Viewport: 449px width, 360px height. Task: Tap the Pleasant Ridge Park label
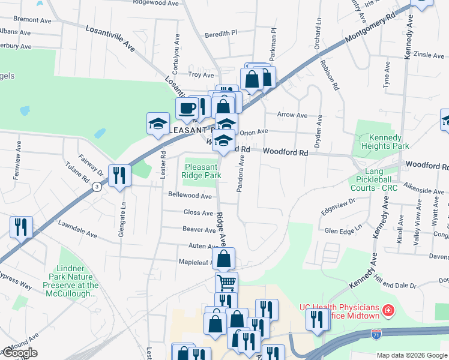click(x=202, y=171)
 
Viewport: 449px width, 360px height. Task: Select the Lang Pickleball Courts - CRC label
click(x=377, y=179)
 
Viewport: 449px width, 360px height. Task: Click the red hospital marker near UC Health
click(x=389, y=311)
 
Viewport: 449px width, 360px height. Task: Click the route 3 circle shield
click(x=97, y=187)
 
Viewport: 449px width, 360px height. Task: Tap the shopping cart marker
click(x=226, y=282)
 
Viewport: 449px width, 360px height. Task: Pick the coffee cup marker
click(x=187, y=109)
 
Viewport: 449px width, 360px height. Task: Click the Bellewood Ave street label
click(x=190, y=196)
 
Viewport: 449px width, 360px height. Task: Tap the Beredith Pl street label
click(x=221, y=34)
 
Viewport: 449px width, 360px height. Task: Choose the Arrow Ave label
click(x=292, y=115)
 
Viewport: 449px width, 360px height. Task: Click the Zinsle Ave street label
click(x=429, y=55)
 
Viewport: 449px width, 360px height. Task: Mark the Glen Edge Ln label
click(x=343, y=230)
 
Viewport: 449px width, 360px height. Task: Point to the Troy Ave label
click(x=201, y=75)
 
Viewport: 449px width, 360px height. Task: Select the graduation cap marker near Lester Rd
click(x=158, y=125)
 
